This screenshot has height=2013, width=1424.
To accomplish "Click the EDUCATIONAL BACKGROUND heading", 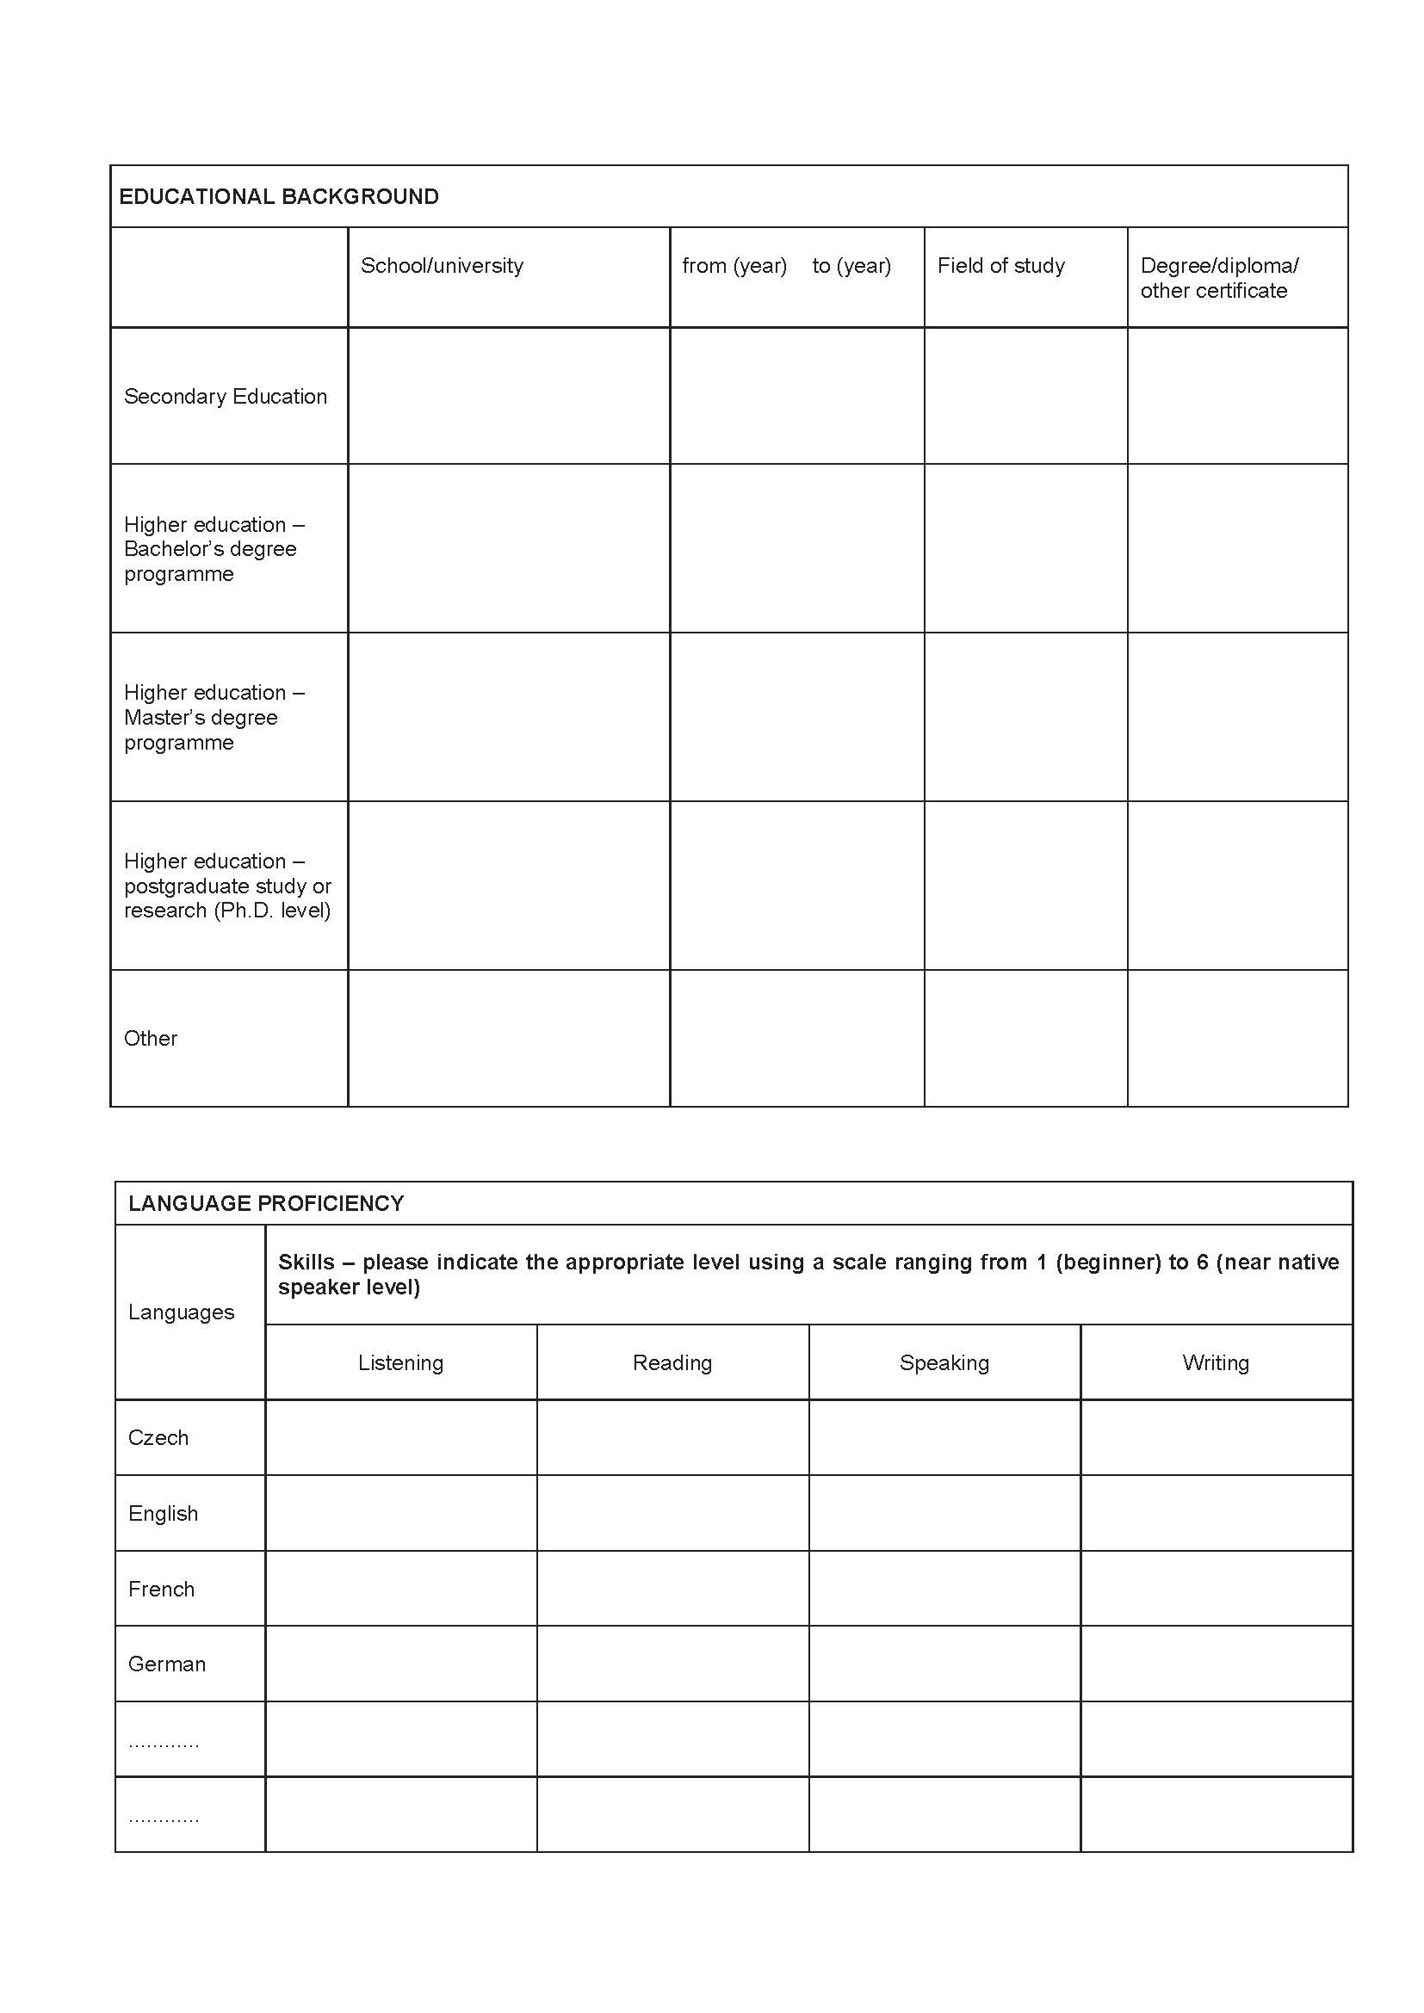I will click(x=279, y=196).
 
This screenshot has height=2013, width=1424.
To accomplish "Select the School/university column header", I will click(x=442, y=266).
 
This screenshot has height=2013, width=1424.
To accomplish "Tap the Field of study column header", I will click(x=1000, y=266).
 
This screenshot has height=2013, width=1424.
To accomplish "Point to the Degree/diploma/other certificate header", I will click(x=1218, y=278).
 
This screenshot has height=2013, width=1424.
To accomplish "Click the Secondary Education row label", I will click(x=226, y=396).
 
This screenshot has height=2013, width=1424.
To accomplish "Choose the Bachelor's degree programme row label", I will click(x=214, y=549).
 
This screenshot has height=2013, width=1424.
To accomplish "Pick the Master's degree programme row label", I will click(x=214, y=717).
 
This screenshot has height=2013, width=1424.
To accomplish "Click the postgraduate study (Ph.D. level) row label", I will click(x=227, y=886).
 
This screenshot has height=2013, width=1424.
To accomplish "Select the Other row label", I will click(x=151, y=1038).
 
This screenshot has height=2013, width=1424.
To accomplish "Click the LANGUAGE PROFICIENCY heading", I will click(x=266, y=1203).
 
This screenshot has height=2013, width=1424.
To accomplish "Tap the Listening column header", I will click(x=400, y=1362).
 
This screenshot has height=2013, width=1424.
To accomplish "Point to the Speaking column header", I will click(x=944, y=1362).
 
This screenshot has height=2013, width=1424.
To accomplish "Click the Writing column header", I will click(x=1216, y=1362).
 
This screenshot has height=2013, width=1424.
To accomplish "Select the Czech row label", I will click(x=158, y=1437).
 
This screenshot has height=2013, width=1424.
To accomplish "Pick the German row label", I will click(x=167, y=1664).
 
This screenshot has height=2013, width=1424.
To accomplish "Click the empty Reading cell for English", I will click(x=672, y=1512).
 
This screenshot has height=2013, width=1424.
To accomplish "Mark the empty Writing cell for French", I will click(x=1216, y=1588).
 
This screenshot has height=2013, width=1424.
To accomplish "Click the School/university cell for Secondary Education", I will click(x=509, y=396).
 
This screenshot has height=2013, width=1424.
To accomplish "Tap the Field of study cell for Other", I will click(x=1025, y=1038).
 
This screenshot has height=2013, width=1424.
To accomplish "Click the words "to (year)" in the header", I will click(x=851, y=266).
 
